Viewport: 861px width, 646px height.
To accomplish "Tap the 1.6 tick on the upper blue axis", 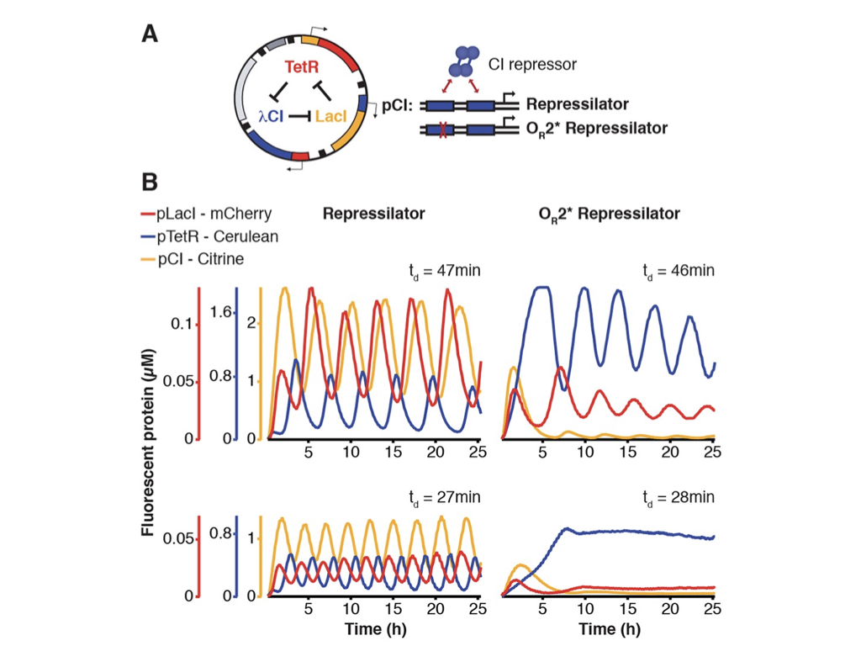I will pos(221,312).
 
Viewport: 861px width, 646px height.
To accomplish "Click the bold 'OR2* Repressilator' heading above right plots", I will pos(610,214).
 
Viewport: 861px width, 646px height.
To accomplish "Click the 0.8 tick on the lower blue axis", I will pos(221,532).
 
